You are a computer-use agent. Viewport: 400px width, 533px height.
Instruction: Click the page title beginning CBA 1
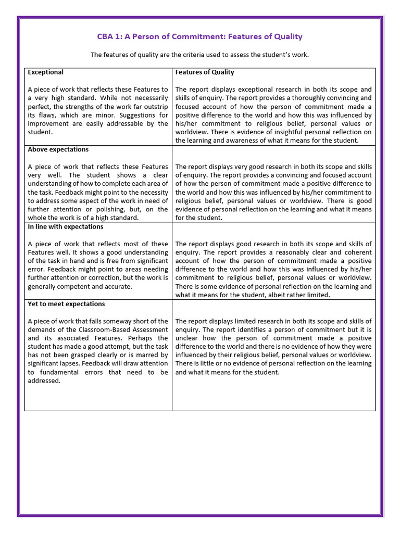pyautogui.click(x=199, y=36)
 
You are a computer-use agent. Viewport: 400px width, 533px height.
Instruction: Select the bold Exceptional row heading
pyautogui.click(x=45, y=72)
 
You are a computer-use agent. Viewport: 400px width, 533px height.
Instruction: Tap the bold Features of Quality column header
pyautogui.click(x=205, y=72)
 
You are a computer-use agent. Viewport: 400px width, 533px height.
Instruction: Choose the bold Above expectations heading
pyautogui.click(x=58, y=149)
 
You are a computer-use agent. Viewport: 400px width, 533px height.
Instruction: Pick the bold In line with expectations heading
pyautogui.click(x=65, y=226)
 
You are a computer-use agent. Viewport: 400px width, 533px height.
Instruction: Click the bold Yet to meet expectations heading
pyautogui.click(x=66, y=303)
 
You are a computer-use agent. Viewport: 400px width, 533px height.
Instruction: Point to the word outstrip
pyautogui.click(x=155, y=107)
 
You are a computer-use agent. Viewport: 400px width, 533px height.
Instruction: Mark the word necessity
pyautogui.click(x=152, y=192)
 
